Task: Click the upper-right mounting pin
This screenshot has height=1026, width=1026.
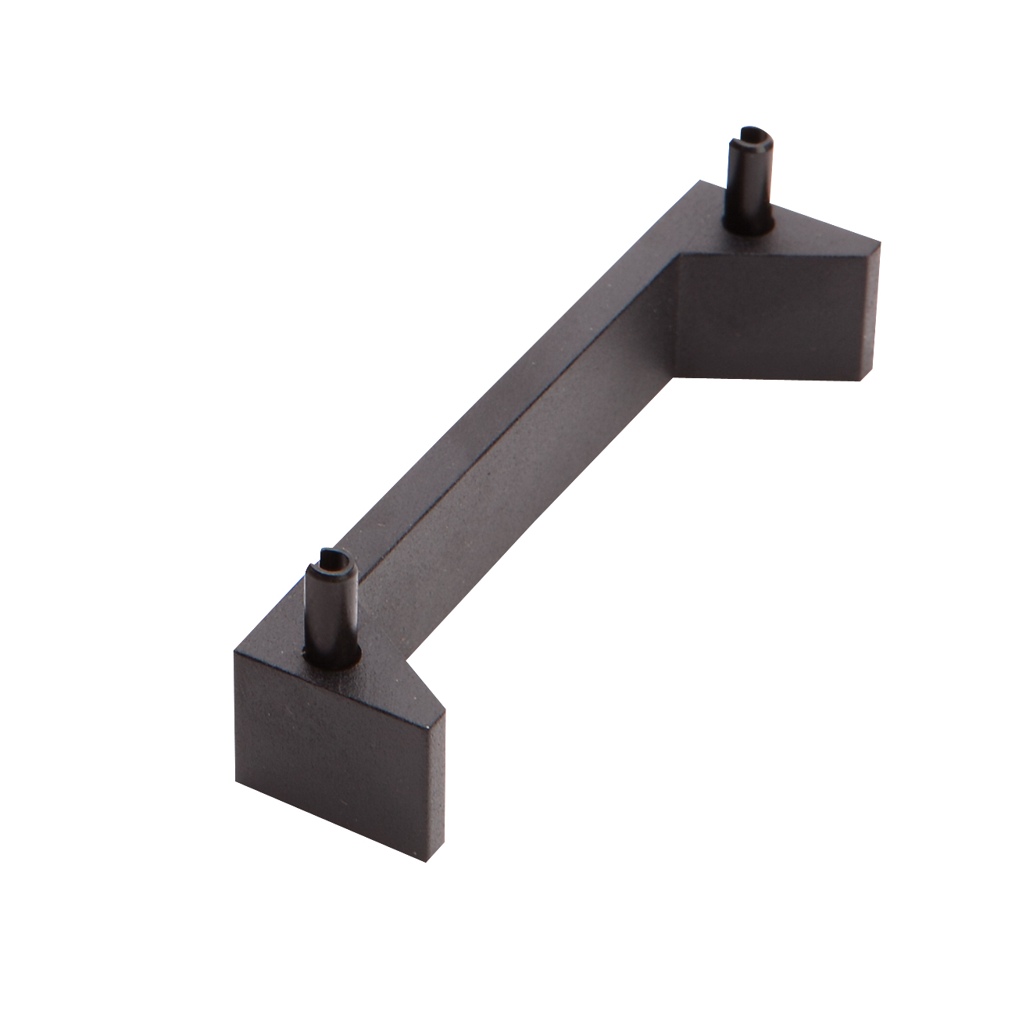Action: click(x=748, y=180)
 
